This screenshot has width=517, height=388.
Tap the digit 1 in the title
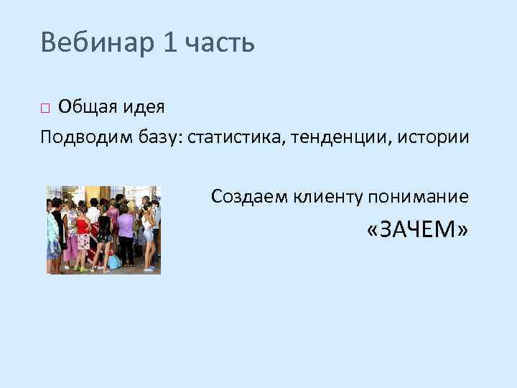169,43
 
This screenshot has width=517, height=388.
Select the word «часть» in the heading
220,44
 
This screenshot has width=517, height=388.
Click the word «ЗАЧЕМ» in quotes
417,229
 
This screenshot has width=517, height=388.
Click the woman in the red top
83,230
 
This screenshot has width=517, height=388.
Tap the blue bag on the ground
114,262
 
